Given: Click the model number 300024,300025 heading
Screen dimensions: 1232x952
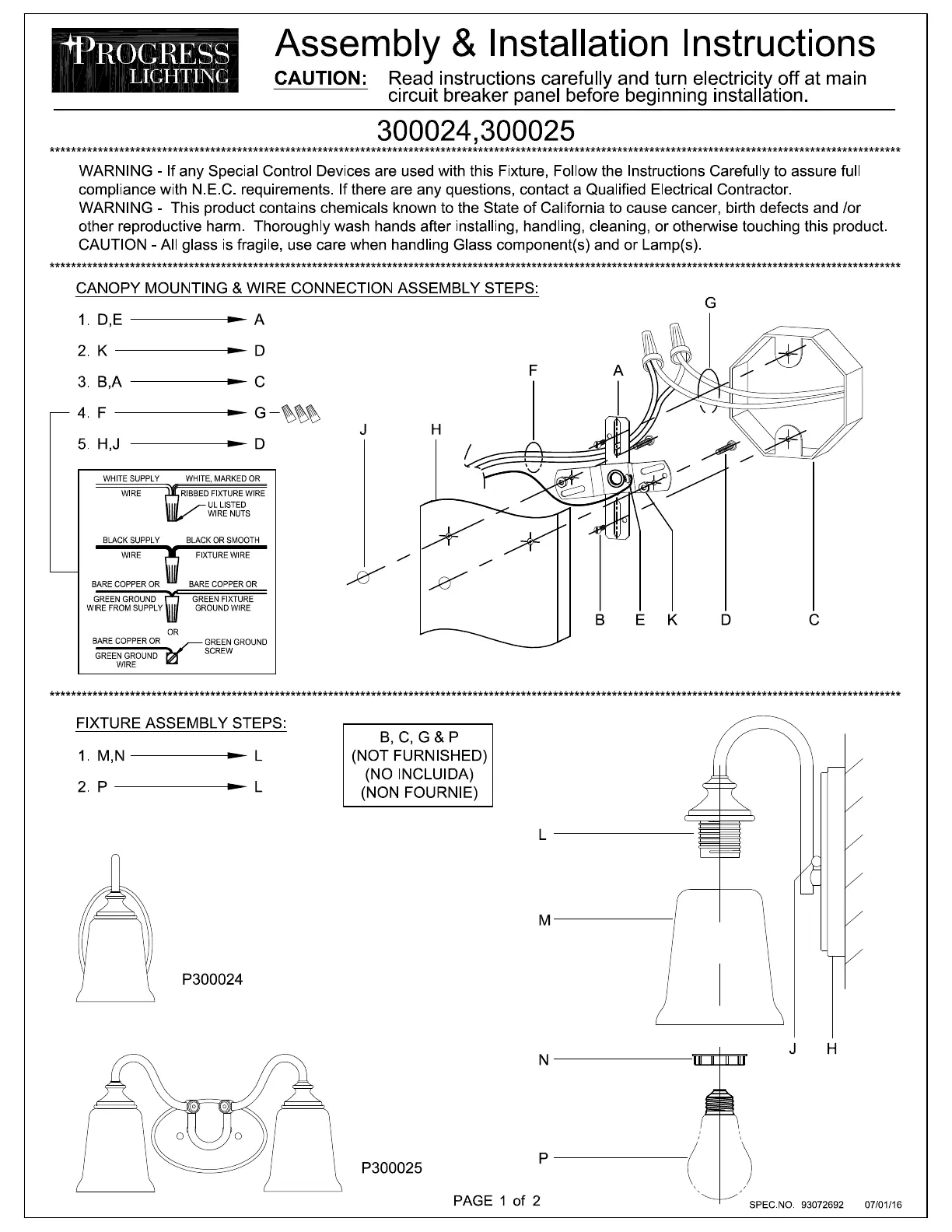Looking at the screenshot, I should click(475, 131).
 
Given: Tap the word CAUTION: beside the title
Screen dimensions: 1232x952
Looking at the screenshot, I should click(321, 79).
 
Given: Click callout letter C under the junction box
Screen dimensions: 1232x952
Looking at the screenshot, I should click(814, 620).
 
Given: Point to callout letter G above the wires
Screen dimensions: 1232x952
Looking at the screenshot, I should click(710, 303).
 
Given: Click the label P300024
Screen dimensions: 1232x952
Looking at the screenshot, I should click(212, 979).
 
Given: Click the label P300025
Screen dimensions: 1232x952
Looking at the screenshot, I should click(391, 1167).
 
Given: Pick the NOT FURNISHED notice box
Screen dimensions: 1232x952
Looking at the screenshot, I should click(418, 765).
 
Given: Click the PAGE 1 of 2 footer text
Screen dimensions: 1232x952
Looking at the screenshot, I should click(496, 1200).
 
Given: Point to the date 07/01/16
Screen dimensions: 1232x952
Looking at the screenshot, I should click(884, 1205).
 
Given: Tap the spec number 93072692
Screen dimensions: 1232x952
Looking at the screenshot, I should click(822, 1205).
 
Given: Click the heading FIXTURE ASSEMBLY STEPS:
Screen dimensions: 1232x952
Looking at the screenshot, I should click(181, 723).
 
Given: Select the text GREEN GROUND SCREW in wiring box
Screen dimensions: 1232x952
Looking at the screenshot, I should click(235, 646).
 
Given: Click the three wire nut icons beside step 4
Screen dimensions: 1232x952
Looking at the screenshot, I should click(302, 413).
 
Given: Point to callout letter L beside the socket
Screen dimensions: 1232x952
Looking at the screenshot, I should click(543, 835).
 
